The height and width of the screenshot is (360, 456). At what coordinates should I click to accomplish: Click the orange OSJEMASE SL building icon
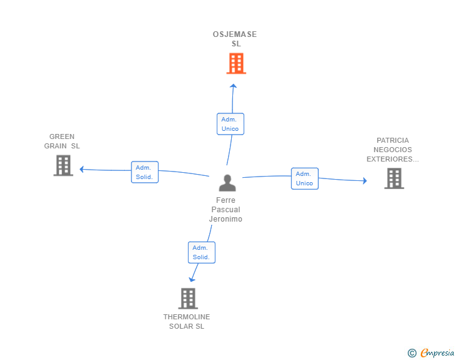pos(236,63)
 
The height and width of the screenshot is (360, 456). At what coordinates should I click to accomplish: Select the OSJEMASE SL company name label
pos(235,39)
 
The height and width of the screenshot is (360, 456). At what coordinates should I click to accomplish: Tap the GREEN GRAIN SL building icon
pos(63,165)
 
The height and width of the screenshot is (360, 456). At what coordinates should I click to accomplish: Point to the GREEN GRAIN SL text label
pos(62,141)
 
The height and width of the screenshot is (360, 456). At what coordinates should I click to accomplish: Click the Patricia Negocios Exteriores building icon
pos(394,178)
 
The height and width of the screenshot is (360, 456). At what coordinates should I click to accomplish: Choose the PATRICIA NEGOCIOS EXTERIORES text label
pos(393,150)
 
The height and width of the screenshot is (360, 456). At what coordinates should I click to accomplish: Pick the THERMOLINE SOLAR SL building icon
pos(188,299)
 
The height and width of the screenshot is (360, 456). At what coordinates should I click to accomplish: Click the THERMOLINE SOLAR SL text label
pos(187,321)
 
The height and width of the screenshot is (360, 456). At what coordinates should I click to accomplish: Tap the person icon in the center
pos(227,183)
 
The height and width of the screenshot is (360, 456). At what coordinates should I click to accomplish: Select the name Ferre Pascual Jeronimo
pos(225,210)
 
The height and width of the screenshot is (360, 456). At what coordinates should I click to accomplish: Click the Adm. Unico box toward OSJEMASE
pos(231,124)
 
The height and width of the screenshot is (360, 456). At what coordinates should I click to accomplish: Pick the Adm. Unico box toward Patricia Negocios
pos(305,178)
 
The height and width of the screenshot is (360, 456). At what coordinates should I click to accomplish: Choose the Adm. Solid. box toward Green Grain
pos(145,172)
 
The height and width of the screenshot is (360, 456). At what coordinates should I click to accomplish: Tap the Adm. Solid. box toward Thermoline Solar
pos(202,252)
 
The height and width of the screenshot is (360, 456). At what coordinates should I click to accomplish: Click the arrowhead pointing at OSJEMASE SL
pos(233,86)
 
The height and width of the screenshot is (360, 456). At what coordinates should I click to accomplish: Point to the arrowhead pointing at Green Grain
pos(81,169)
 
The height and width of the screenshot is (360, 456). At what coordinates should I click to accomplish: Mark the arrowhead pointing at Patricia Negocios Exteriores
pos(365,180)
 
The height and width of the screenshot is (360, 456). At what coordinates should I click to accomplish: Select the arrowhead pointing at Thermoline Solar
pos(192,280)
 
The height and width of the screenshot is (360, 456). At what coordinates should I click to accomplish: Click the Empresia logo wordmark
pos(437,352)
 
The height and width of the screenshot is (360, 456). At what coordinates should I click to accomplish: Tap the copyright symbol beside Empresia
pos(412,353)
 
